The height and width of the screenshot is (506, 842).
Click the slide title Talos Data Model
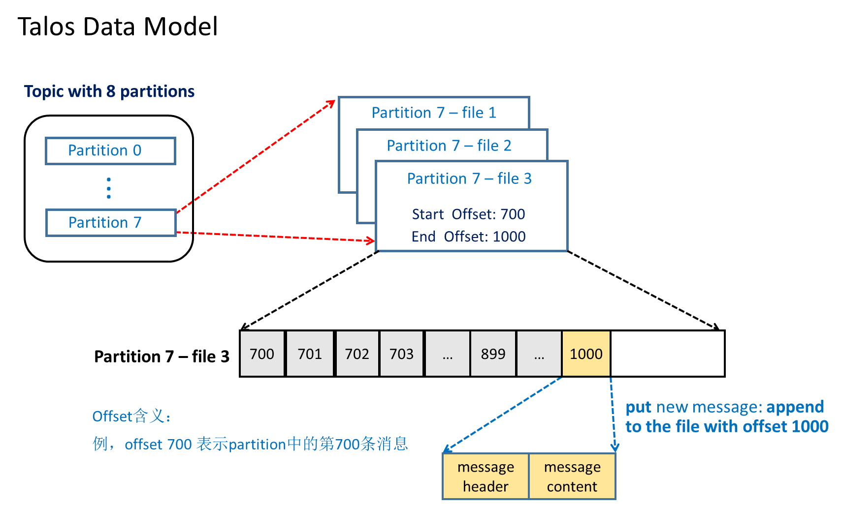[x=117, y=27]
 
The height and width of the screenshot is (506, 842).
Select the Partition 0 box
[x=110, y=150]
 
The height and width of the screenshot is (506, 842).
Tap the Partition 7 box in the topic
[x=110, y=223]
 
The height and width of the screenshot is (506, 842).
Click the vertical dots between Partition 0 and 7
[x=109, y=188]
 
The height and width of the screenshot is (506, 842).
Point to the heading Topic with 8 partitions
[x=109, y=91]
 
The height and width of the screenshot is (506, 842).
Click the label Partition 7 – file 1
[x=433, y=113]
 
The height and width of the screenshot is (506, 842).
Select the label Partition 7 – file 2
[x=449, y=146]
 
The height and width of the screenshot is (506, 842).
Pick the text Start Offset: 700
[x=468, y=214]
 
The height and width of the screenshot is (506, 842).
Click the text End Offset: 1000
[x=468, y=237]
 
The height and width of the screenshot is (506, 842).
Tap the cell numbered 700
[x=262, y=354]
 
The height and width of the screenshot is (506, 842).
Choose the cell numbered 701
[x=310, y=354]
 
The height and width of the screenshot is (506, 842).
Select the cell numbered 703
[x=401, y=354]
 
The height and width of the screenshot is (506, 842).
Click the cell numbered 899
[x=493, y=354]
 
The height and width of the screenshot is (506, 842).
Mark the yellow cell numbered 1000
[x=586, y=354]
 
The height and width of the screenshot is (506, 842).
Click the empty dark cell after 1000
[x=667, y=354]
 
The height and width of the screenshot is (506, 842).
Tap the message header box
[x=486, y=476]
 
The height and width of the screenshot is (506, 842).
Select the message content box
[x=572, y=476]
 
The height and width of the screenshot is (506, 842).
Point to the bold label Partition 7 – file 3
[x=162, y=357]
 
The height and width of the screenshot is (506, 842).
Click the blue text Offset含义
[x=131, y=417]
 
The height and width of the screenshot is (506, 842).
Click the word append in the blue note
[x=795, y=407]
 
